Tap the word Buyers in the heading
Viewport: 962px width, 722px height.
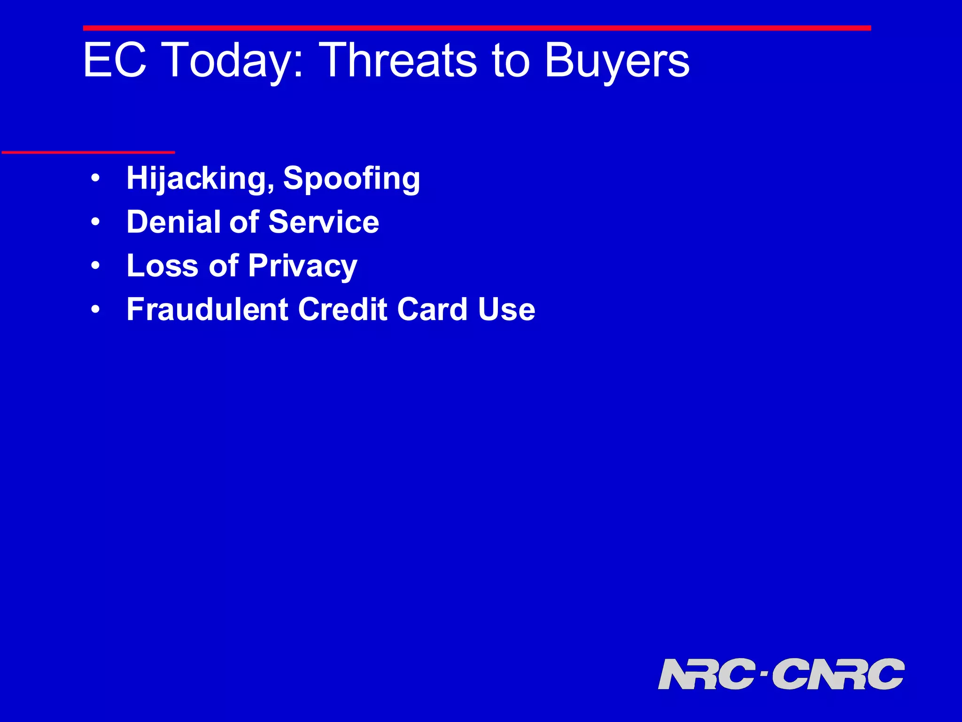[x=617, y=61]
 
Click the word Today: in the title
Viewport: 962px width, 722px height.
[x=233, y=61]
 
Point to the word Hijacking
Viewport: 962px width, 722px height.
[x=200, y=179]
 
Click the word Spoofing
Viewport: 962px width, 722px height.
[x=351, y=179]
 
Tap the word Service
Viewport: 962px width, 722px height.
[x=324, y=222]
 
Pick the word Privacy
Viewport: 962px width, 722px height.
[x=303, y=267]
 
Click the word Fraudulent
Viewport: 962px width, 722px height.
[x=207, y=309]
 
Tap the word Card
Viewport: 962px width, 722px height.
[x=432, y=309]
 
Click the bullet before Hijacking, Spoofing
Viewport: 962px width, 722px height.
[x=96, y=179]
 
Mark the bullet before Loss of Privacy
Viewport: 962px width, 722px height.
[x=96, y=266]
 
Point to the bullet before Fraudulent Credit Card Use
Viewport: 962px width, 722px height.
[x=96, y=310]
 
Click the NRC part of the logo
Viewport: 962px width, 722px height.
[x=706, y=674]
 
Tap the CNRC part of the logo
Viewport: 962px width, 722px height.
[x=838, y=674]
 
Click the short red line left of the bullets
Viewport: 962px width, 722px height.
[x=88, y=152]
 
